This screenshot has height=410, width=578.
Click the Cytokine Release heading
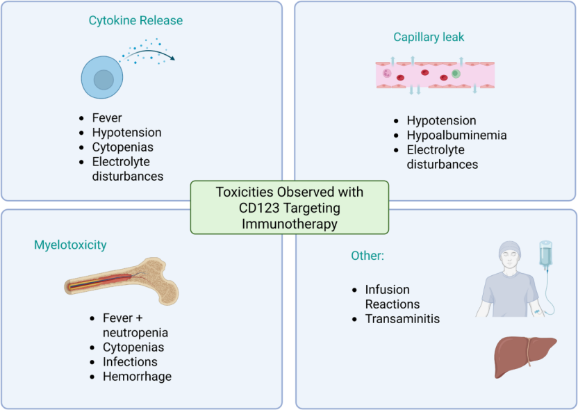(135, 21)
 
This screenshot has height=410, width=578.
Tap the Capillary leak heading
(429, 37)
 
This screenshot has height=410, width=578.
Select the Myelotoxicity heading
(70, 245)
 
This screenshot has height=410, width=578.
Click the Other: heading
(368, 256)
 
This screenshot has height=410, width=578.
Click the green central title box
(289, 207)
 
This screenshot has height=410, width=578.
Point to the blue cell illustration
(101, 77)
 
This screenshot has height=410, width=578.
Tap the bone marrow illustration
(122, 281)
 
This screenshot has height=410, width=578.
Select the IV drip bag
(547, 256)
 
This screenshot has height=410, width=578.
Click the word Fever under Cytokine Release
(107, 118)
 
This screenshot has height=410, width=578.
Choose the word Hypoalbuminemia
(456, 135)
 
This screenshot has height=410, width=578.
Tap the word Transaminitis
(402, 319)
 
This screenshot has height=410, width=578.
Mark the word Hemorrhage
(137, 377)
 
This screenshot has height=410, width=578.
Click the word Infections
(130, 362)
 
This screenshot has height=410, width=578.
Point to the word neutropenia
(131, 332)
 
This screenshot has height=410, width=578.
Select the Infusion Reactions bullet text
(393, 297)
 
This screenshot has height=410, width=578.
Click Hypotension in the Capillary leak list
(441, 120)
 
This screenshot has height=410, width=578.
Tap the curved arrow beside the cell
(149, 53)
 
